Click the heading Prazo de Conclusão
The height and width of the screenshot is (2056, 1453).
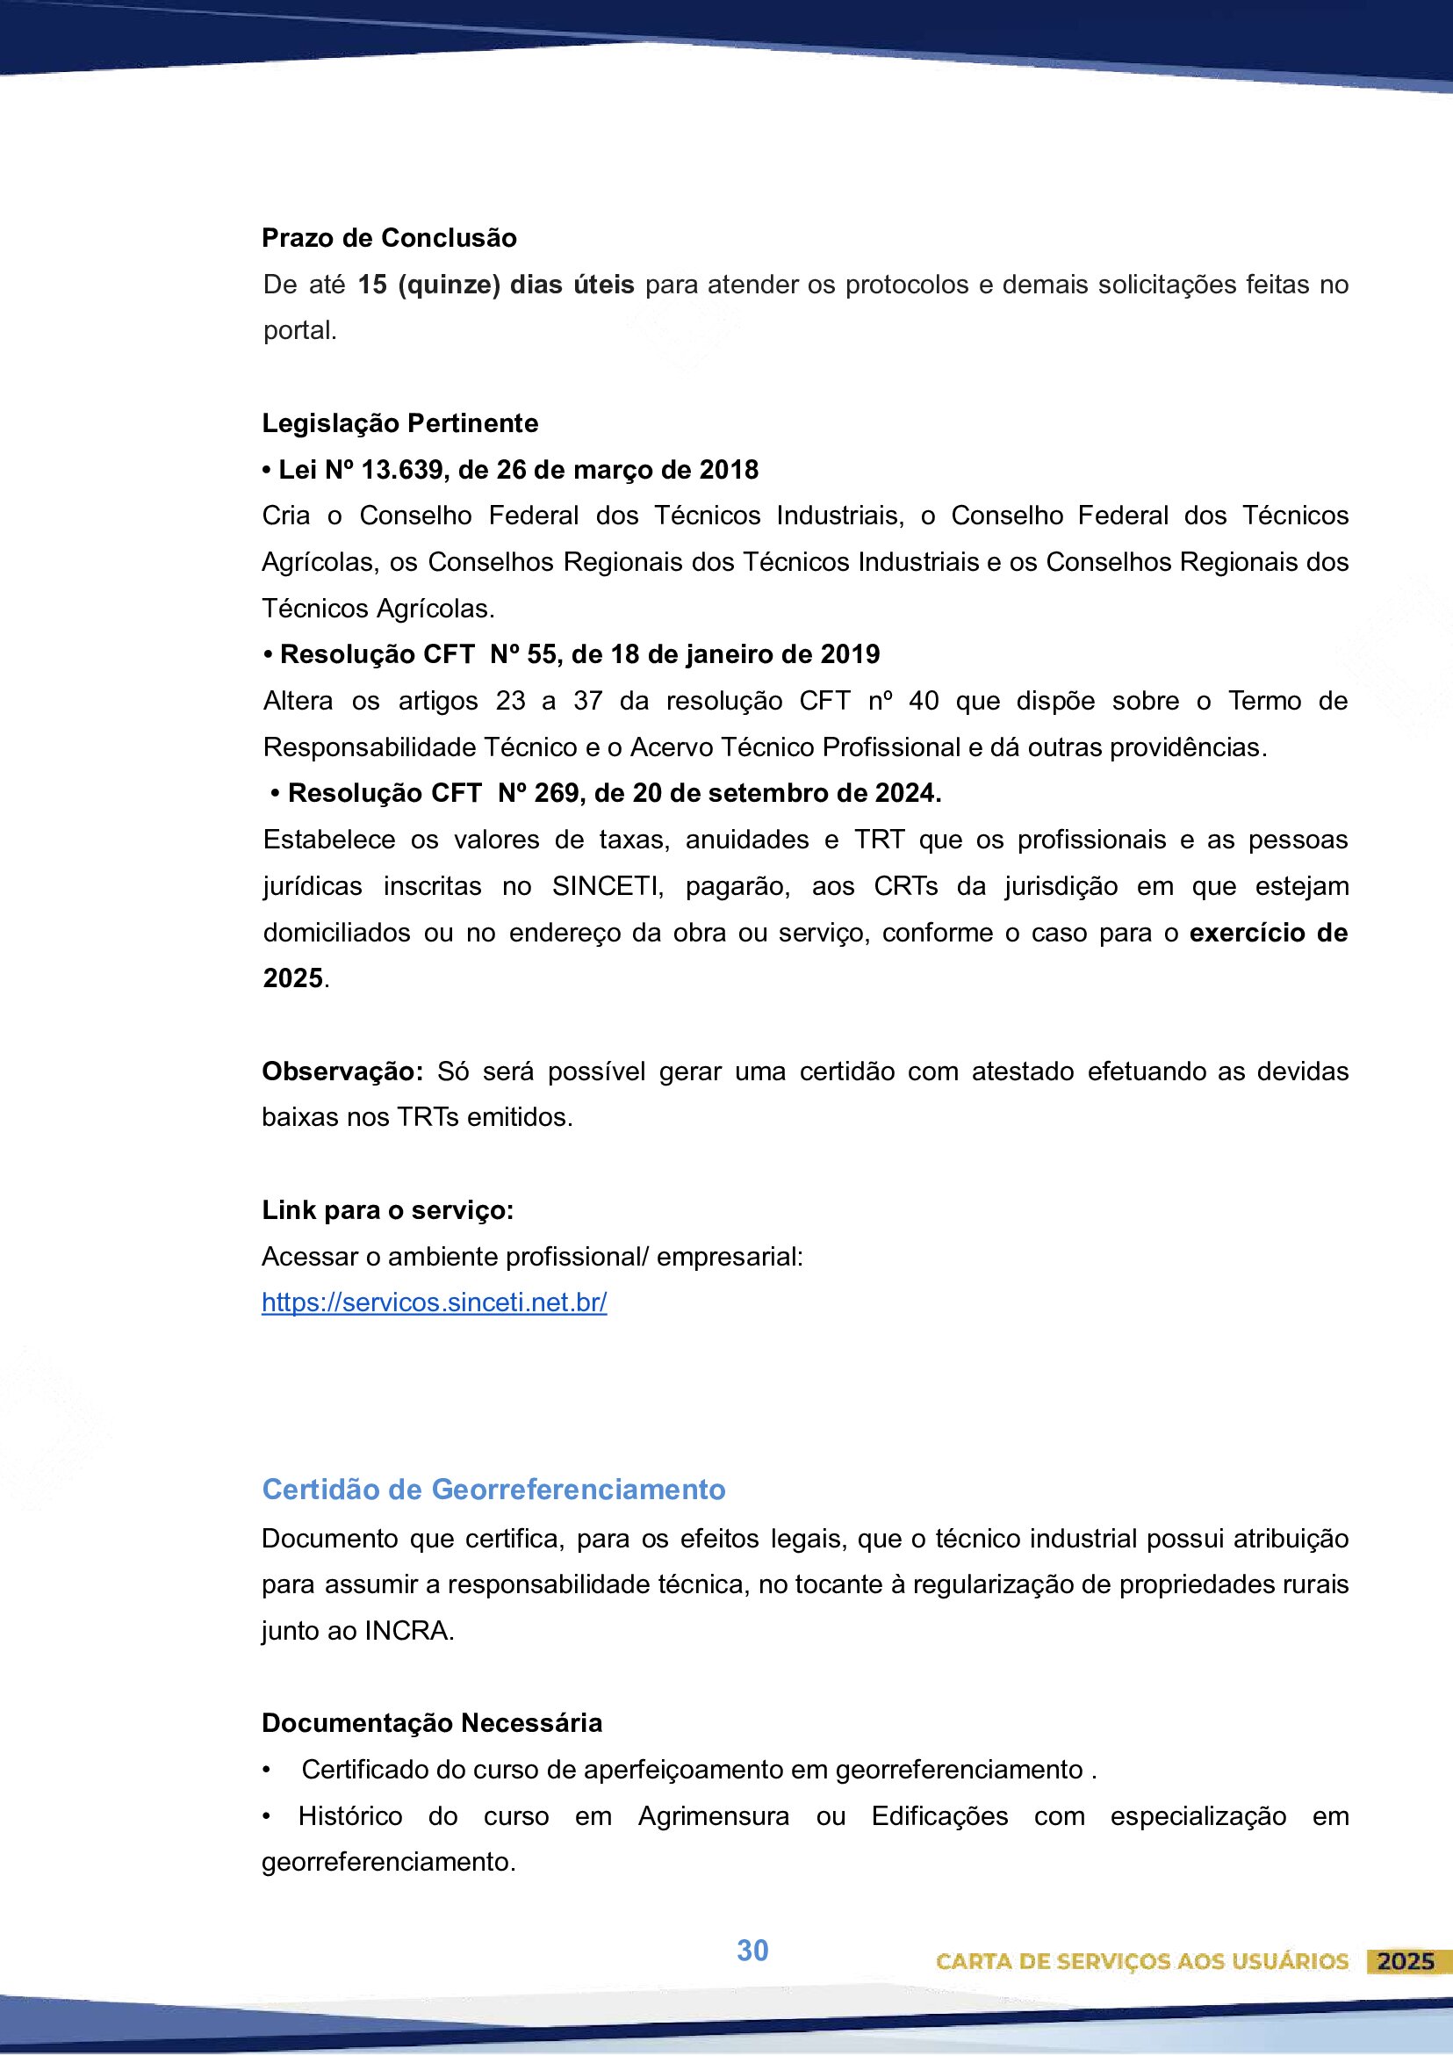(x=389, y=238)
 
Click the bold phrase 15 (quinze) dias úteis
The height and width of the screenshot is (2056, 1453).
(x=496, y=285)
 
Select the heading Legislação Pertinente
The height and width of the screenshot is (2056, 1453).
(x=399, y=423)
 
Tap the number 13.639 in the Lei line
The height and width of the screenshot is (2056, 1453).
(x=401, y=470)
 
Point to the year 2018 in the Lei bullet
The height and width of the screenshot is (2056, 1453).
(x=729, y=470)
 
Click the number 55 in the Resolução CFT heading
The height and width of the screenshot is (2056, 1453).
(x=542, y=654)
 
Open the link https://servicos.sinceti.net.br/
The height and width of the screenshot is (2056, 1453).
(x=435, y=1303)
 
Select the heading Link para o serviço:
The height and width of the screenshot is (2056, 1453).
(x=388, y=1210)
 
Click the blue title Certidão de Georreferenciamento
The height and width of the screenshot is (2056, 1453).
(x=493, y=1490)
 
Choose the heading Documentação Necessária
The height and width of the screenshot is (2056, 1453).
(x=432, y=1724)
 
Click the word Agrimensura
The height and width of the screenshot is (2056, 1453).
(x=714, y=1817)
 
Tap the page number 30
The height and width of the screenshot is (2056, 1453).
(x=752, y=1951)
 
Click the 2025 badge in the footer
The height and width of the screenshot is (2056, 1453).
(x=1406, y=1962)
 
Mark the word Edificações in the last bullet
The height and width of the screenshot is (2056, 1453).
(x=939, y=1817)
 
